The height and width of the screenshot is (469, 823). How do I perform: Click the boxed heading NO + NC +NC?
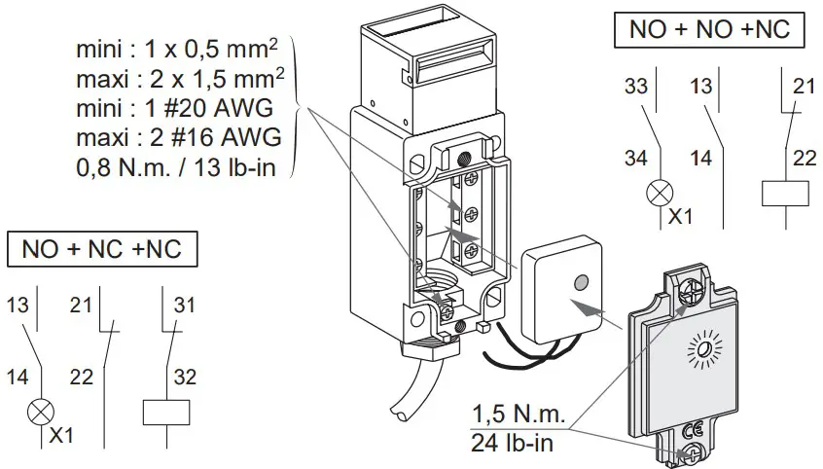click(102, 250)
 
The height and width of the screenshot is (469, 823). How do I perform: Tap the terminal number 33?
click(635, 87)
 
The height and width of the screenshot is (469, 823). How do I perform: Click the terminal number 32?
click(184, 374)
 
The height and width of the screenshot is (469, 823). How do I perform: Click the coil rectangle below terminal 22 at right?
click(789, 193)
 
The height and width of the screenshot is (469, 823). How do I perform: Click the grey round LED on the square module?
click(581, 282)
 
